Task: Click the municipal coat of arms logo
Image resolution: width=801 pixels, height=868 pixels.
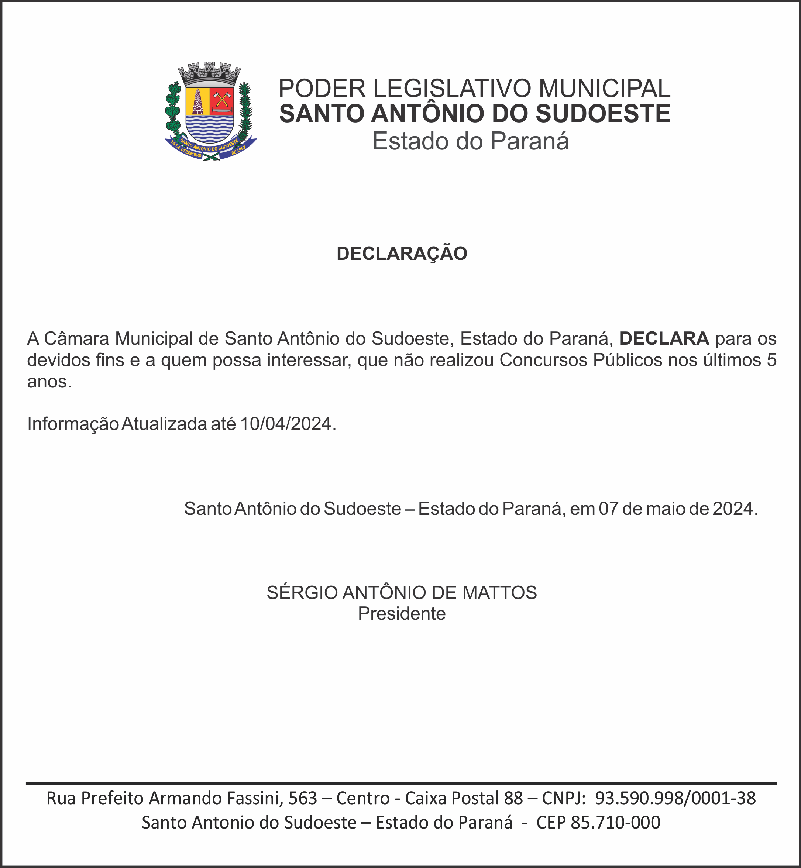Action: point(211,112)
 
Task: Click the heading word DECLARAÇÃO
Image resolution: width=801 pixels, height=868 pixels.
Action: point(402,254)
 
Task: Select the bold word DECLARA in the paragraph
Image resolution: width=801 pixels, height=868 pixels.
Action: point(664,338)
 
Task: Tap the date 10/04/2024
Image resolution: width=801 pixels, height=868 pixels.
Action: point(286,424)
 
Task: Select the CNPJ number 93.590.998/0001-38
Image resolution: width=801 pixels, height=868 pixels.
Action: point(675,798)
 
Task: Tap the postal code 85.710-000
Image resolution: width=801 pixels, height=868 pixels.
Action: point(615,822)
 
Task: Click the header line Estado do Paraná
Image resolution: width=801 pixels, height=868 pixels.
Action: point(470,141)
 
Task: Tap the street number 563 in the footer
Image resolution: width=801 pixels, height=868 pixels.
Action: point(303,798)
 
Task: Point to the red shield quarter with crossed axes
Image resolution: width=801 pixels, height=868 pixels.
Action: point(222,100)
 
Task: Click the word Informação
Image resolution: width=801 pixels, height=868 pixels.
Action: point(73,424)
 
